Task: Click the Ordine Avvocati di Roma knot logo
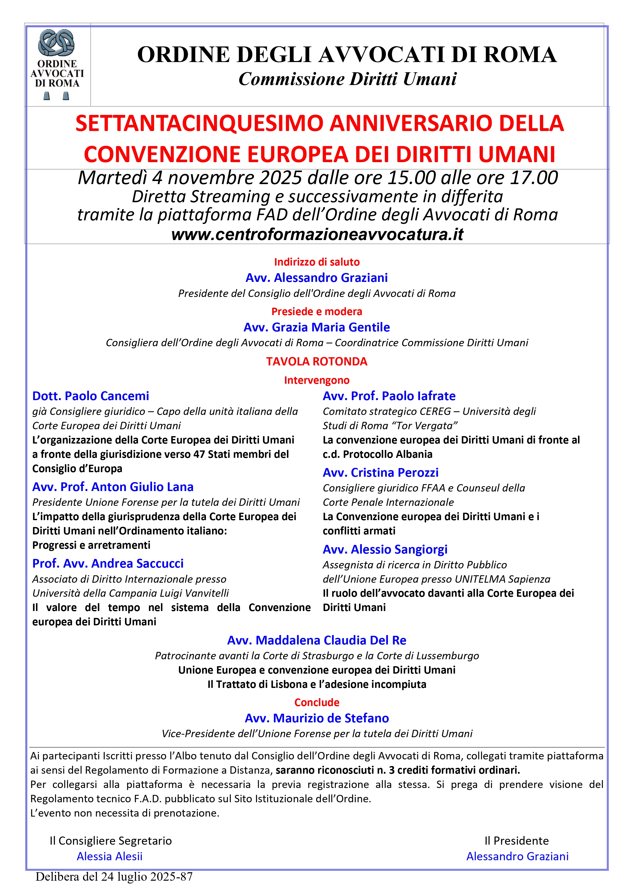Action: (57, 42)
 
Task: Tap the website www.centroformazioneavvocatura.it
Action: (317, 234)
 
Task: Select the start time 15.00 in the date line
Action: (411, 178)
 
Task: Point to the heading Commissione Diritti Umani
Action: (347, 79)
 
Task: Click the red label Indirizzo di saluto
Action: (317, 262)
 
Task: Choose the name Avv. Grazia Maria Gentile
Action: (317, 327)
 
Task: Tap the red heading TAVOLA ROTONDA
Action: (317, 361)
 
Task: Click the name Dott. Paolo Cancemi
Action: (91, 396)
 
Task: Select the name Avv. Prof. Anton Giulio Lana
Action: (113, 487)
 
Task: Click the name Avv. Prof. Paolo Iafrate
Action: (389, 396)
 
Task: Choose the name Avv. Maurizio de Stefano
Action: (317, 718)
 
